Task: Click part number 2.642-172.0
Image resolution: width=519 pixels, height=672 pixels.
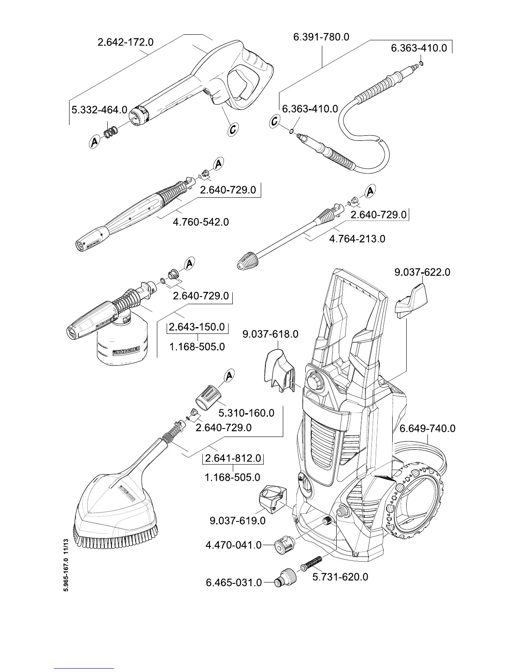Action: tap(126, 42)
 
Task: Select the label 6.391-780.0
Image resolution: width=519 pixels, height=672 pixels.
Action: tap(321, 37)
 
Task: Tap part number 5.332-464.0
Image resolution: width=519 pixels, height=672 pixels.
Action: tap(99, 110)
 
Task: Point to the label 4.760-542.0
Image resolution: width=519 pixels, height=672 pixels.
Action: tap(201, 222)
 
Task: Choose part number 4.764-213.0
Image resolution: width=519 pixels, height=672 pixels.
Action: tap(357, 239)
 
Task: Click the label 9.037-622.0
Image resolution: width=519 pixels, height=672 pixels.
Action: tap(422, 272)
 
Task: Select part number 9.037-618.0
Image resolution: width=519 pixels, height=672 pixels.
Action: tap(270, 334)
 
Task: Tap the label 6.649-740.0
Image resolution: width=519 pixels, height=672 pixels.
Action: tap(427, 428)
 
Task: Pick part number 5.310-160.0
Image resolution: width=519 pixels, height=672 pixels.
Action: tap(246, 413)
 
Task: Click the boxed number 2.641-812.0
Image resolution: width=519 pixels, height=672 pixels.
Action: tap(233, 459)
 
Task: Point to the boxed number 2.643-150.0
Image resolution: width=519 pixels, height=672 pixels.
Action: tap(197, 327)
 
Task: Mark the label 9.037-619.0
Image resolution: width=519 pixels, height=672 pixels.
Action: tap(237, 521)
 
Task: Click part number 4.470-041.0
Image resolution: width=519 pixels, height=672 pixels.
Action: tap(233, 545)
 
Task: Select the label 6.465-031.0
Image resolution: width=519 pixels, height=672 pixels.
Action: tap(234, 582)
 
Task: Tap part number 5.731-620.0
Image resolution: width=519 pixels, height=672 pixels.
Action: tap(340, 577)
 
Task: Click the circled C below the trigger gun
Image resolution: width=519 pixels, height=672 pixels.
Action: tap(232, 129)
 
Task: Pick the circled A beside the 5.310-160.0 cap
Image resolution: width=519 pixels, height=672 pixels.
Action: tap(229, 375)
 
